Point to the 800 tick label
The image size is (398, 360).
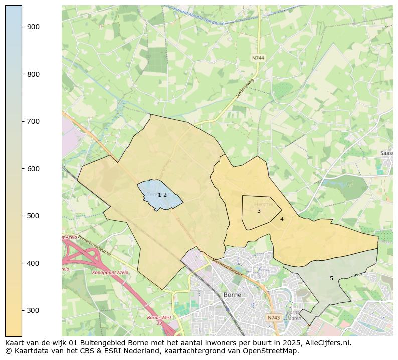(33, 74)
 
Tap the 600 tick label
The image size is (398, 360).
(33, 169)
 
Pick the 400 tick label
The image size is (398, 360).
(33, 263)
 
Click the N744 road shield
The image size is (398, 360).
(258, 58)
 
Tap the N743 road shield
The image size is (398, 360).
(273, 318)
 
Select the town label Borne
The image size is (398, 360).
(232, 295)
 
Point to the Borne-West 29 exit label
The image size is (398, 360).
(159, 320)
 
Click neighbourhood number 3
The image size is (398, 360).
(259, 211)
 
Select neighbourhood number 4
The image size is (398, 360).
(282, 219)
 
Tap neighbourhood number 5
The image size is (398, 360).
(331, 278)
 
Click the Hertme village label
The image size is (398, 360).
(264, 204)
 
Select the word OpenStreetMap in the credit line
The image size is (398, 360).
(271, 351)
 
